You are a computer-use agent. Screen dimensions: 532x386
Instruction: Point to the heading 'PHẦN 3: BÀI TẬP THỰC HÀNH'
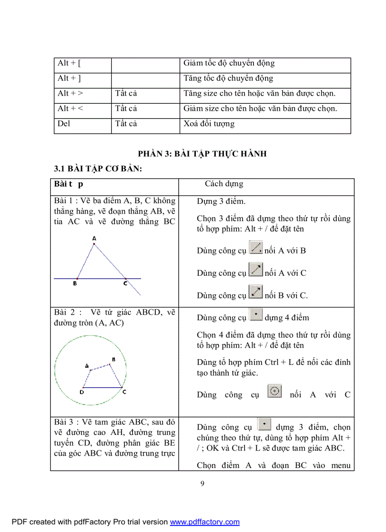202,154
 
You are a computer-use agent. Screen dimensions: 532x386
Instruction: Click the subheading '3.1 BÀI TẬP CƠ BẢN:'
98,169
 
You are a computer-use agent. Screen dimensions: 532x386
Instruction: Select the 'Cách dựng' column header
224,184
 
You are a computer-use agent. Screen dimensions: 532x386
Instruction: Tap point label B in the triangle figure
75,284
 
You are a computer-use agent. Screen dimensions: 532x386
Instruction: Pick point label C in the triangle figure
125,284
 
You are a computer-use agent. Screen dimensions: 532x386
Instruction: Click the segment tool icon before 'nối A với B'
256,248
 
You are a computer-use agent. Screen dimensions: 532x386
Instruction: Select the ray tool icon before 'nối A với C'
256,270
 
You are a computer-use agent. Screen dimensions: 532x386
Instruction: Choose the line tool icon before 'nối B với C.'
256,292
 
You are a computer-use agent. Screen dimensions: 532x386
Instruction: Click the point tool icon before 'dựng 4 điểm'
256,315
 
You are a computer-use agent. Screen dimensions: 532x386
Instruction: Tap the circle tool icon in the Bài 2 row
275,392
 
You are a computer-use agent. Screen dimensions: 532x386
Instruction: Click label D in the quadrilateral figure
82,392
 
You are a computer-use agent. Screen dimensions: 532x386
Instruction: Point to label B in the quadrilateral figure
114,360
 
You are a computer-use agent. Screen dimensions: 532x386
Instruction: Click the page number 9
202,484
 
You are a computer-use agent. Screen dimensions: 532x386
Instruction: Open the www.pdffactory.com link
205,522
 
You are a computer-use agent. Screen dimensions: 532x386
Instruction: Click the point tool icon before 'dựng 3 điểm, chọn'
264,424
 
